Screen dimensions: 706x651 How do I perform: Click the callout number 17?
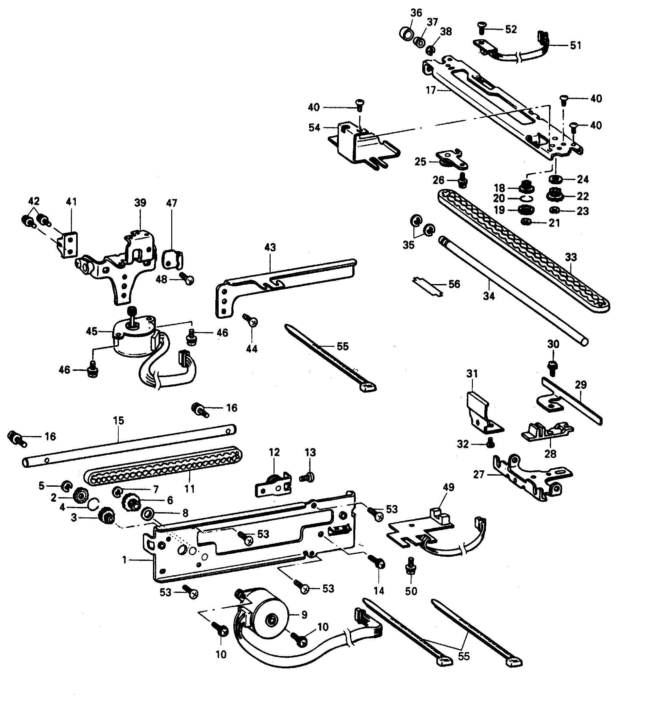430,90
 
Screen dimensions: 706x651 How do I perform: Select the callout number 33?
571,257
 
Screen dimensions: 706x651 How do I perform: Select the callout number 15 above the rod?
119,420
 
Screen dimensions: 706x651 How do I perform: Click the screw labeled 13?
309,477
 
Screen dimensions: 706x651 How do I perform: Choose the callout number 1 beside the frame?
125,560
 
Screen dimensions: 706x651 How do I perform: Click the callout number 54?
314,127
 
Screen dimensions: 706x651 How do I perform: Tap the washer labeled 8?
147,514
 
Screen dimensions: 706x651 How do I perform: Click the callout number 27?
478,475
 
